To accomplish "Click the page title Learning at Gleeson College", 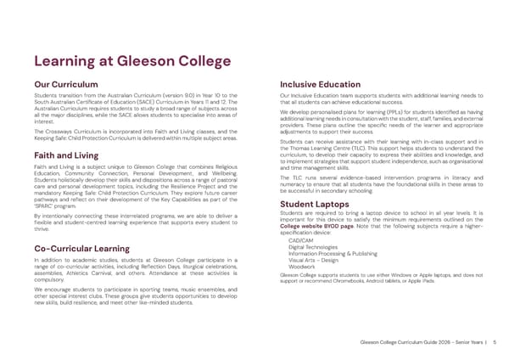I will coord(131,61).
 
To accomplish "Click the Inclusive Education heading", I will coord(322,84).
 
